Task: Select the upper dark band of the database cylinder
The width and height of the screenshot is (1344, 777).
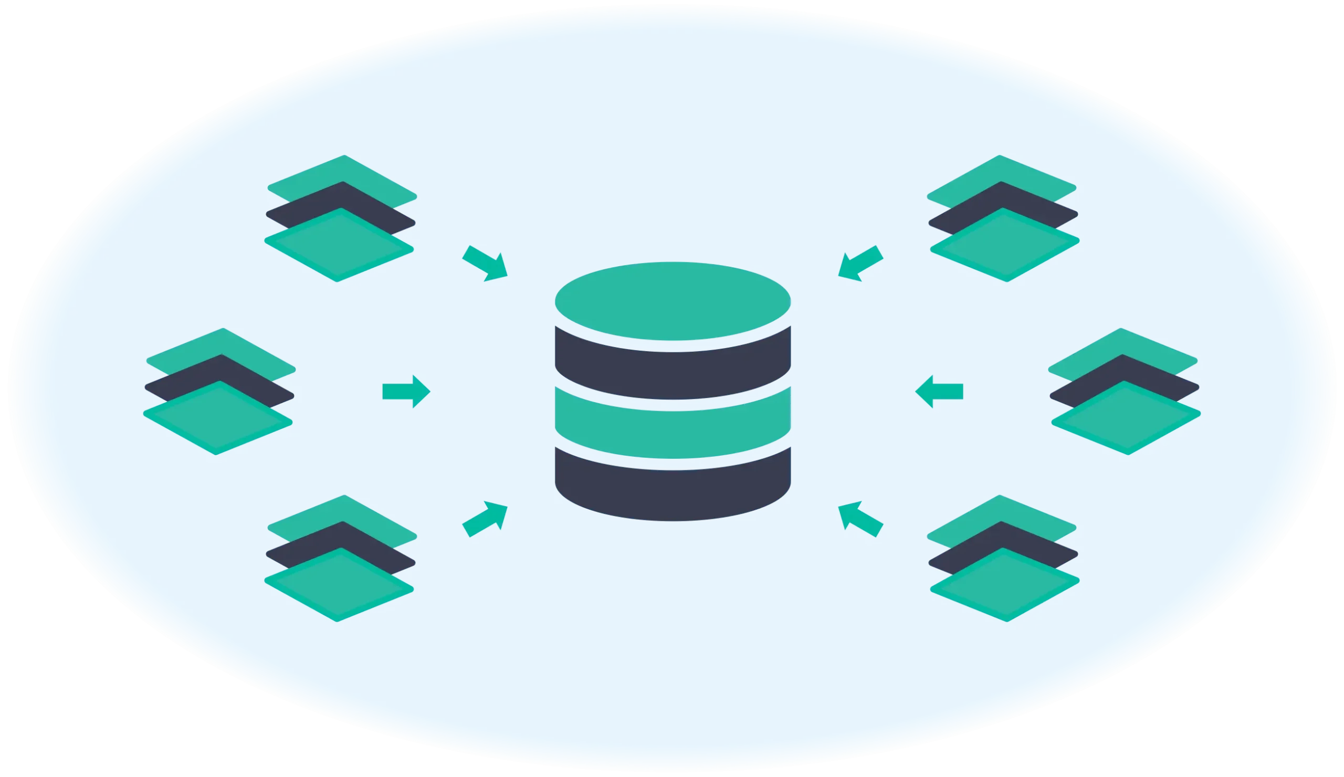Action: tap(673, 368)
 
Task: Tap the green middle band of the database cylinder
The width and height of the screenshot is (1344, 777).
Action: tap(673, 424)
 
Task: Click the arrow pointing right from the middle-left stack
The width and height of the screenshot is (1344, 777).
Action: tap(406, 391)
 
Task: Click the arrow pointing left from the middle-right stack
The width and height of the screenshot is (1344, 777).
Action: tap(939, 391)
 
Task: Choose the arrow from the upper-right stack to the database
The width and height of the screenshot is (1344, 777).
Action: tap(860, 262)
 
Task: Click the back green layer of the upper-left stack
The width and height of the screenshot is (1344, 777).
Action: tap(343, 170)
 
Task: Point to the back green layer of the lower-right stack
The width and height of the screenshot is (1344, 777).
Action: tap(1001, 509)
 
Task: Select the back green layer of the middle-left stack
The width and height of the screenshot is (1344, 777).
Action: tap(222, 342)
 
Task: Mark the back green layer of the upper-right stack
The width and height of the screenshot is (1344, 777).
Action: tap(1001, 170)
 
